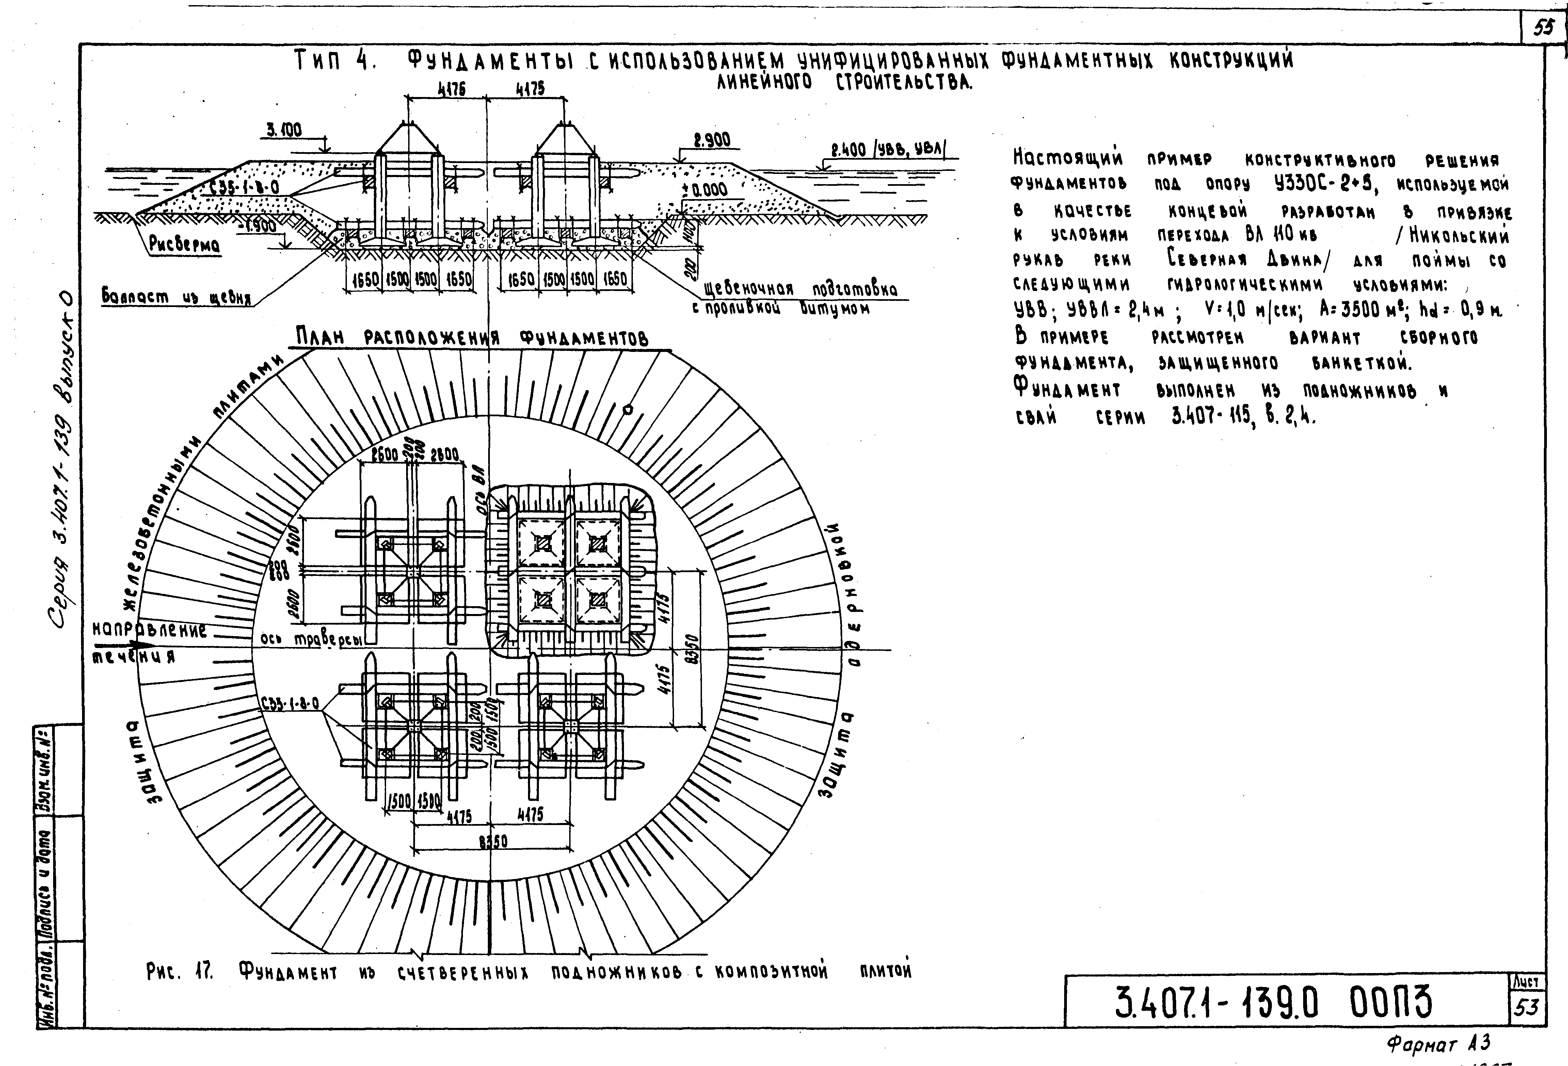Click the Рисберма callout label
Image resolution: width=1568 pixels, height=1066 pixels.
coord(184,244)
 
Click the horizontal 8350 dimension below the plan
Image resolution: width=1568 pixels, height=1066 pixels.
coord(493,841)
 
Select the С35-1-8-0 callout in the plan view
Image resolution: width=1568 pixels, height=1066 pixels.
coord(289,704)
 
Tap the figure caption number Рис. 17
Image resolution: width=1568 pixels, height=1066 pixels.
coord(179,971)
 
